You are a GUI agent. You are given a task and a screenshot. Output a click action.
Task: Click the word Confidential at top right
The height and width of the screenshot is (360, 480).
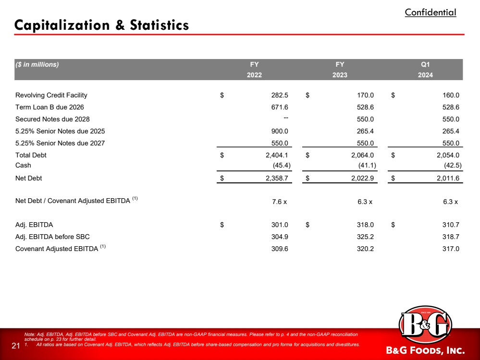coord(430,12)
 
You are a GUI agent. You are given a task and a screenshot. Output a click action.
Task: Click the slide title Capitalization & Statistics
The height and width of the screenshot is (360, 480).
coord(101,25)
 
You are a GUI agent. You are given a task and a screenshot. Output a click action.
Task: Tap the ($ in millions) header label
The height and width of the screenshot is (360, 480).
coord(37,64)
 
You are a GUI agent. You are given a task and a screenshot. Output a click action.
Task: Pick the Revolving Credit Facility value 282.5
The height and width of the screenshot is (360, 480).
coord(280,95)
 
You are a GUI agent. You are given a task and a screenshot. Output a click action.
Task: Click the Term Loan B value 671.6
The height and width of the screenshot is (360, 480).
coord(280,107)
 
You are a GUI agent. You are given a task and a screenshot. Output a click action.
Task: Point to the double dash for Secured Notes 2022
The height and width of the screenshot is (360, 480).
coord(285,118)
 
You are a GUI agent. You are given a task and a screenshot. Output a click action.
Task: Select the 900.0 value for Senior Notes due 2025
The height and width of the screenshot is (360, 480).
coord(280,131)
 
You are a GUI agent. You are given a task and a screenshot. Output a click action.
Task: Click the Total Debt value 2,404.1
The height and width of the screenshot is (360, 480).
coord(276,155)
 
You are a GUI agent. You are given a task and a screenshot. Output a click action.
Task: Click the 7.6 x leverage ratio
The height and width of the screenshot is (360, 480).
coord(280,202)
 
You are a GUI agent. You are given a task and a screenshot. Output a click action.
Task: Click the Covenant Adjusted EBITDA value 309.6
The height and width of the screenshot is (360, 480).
coord(280,249)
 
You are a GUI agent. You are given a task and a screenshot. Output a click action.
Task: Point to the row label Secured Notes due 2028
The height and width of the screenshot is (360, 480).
coord(52,119)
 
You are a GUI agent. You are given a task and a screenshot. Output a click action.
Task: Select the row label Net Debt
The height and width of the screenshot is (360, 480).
coord(28,178)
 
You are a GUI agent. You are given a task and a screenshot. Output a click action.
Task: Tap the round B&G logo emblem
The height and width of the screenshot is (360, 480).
coord(425,325)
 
